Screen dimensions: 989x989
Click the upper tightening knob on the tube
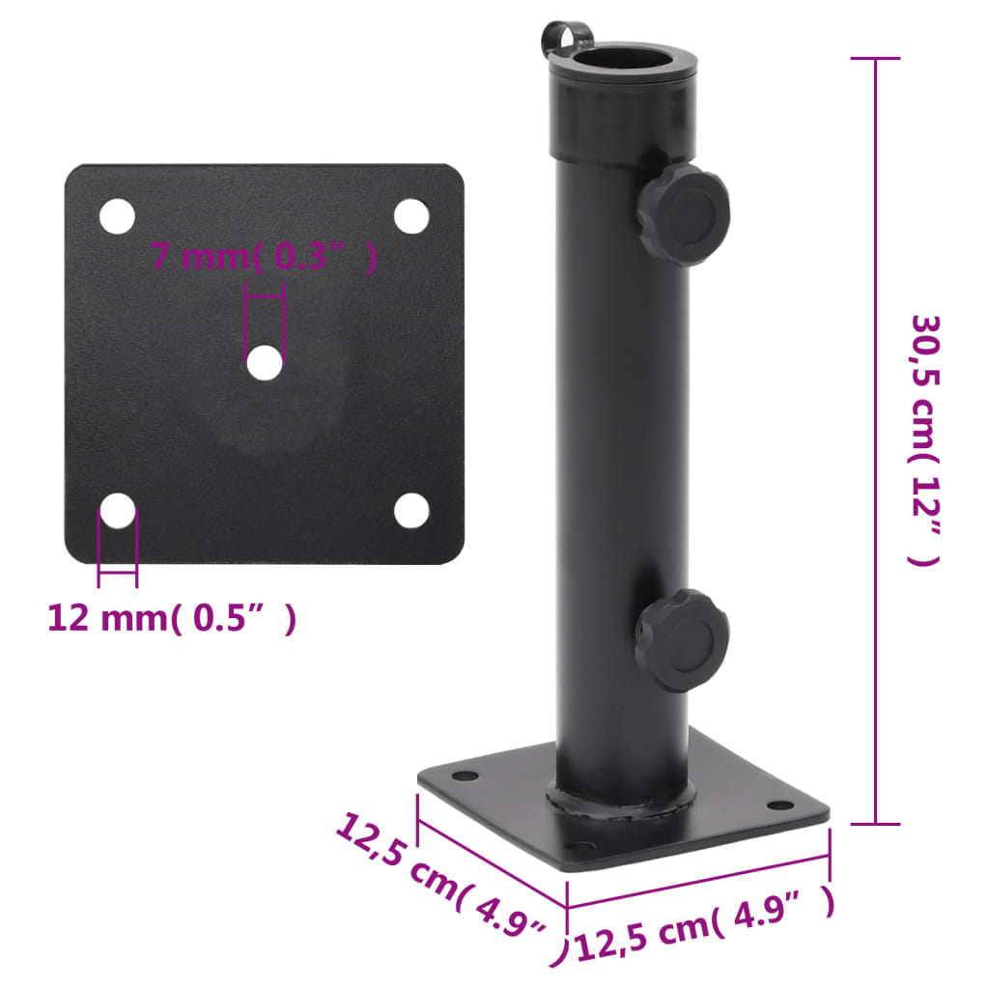click(684, 212)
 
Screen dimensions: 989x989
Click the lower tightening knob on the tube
click(683, 639)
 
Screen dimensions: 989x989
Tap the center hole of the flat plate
click(264, 363)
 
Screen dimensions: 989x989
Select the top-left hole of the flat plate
click(117, 216)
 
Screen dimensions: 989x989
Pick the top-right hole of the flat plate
click(410, 216)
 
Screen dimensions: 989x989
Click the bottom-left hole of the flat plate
click(118, 510)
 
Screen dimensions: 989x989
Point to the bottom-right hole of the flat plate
click(410, 510)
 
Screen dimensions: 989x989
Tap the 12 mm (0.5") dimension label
click(172, 618)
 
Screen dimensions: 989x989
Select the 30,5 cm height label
click(924, 440)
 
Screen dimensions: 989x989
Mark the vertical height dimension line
click(875, 440)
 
